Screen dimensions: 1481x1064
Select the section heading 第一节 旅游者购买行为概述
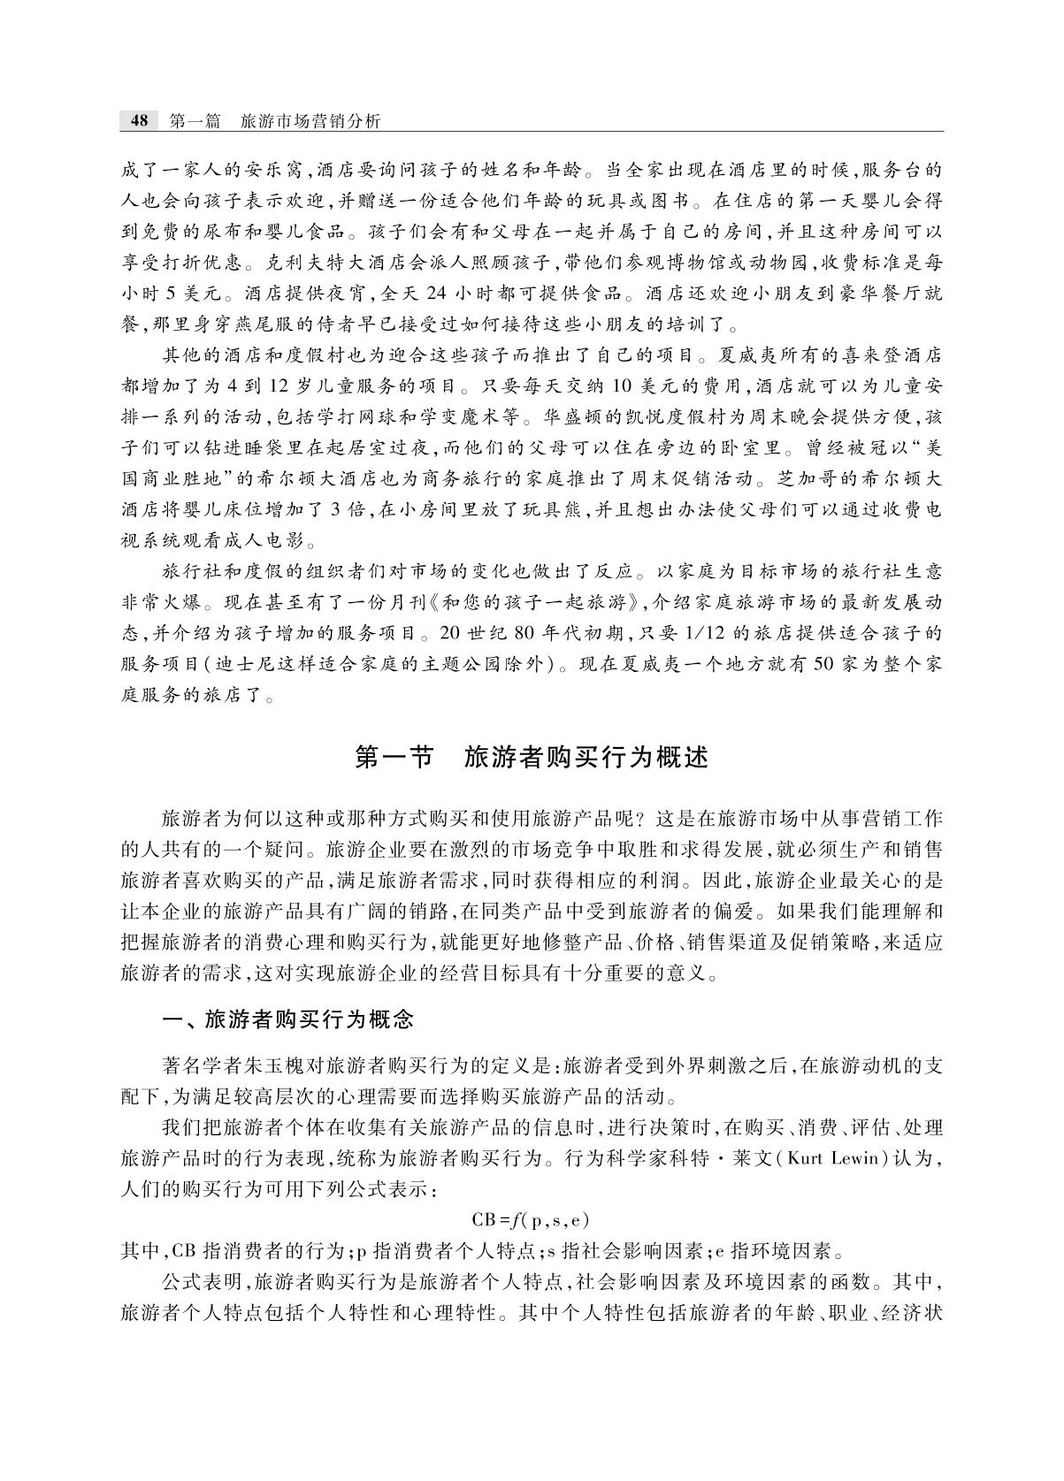point(532,758)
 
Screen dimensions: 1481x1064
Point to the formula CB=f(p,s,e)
point(531,1221)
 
